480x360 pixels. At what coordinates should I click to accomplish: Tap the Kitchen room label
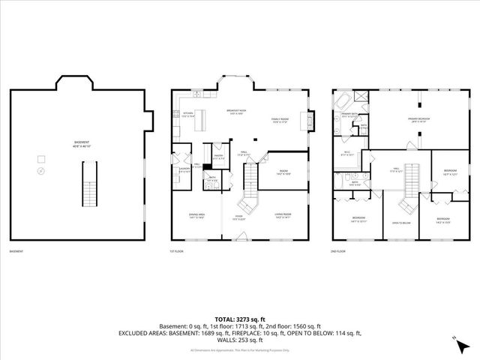click(x=187, y=115)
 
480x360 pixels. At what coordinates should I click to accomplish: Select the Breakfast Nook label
click(x=238, y=113)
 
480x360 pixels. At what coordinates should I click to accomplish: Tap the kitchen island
click(x=200, y=124)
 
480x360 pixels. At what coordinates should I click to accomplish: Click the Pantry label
click(x=218, y=158)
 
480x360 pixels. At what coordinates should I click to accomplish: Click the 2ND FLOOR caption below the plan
click(x=340, y=252)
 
